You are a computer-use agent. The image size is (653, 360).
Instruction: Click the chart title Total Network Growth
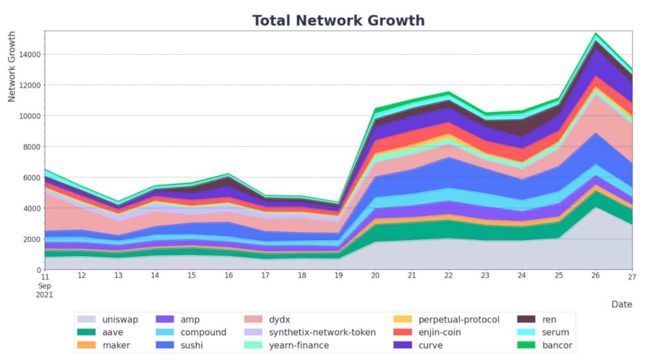pyautogui.click(x=338, y=21)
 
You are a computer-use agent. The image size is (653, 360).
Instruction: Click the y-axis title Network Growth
pyautogui.click(x=12, y=67)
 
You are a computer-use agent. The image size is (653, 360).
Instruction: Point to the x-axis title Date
pyautogui.click(x=621, y=304)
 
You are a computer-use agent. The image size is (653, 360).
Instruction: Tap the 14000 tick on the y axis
pyautogui.click(x=30, y=54)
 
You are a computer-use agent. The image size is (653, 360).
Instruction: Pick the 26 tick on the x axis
pyautogui.click(x=595, y=275)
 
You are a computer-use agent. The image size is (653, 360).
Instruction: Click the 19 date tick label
pyautogui.click(x=338, y=275)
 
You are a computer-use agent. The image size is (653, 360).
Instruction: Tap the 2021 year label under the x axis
pyautogui.click(x=45, y=295)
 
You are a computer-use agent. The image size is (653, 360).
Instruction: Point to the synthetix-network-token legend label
pyautogui.click(x=322, y=333)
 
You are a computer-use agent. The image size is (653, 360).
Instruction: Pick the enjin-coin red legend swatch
pyautogui.click(x=403, y=333)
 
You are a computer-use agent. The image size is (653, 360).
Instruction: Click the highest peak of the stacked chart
pyautogui.click(x=595, y=33)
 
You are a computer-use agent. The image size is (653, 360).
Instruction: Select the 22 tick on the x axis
pyautogui.click(x=448, y=275)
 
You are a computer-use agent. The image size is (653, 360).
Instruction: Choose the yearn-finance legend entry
pyautogui.click(x=299, y=345)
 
